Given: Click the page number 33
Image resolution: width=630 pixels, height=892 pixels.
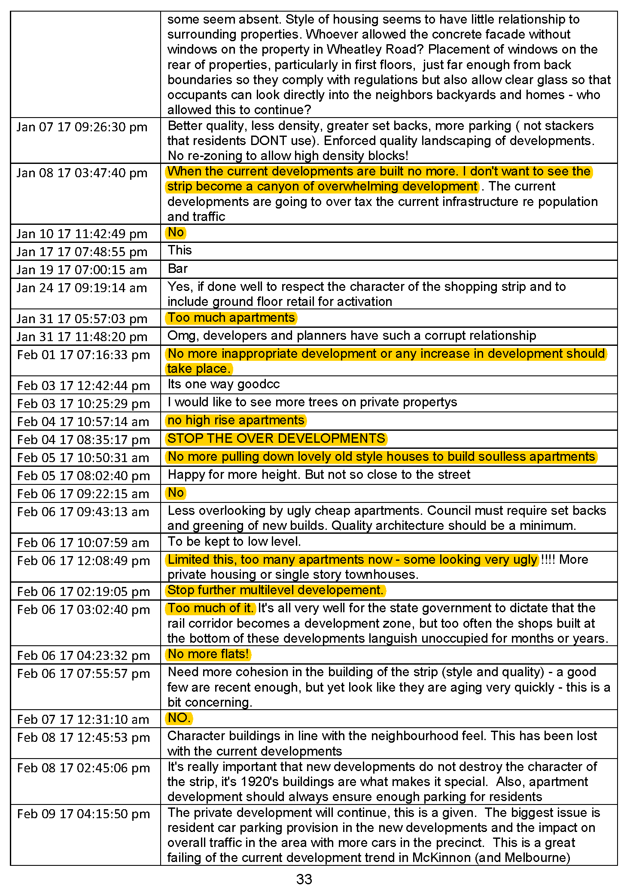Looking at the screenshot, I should [x=304, y=879].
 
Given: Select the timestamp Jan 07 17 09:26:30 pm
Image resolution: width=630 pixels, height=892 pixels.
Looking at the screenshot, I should [x=82, y=127].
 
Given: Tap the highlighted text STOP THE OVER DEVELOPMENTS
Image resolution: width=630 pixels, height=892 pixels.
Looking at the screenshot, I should [x=276, y=438].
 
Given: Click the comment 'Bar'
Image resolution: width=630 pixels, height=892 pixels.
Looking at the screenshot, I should [x=178, y=269].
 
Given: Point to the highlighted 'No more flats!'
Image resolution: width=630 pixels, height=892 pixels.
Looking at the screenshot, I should [x=208, y=654].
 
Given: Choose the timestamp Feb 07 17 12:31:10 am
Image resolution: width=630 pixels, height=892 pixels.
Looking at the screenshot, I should [x=83, y=719].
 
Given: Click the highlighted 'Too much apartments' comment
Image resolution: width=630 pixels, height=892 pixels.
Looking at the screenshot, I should [x=231, y=317].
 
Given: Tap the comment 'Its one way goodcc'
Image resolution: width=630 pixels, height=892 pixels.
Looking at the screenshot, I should [x=223, y=384].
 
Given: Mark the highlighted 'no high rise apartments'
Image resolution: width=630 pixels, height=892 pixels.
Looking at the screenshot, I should [x=236, y=420].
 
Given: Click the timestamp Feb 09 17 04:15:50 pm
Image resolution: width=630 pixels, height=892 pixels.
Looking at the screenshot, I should [x=83, y=814].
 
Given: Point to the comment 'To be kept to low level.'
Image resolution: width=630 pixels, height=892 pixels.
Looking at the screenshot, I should [x=234, y=541].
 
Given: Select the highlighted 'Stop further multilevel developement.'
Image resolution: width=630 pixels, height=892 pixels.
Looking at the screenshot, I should [x=275, y=590].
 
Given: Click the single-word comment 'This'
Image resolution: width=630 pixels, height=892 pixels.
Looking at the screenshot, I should [x=180, y=250].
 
